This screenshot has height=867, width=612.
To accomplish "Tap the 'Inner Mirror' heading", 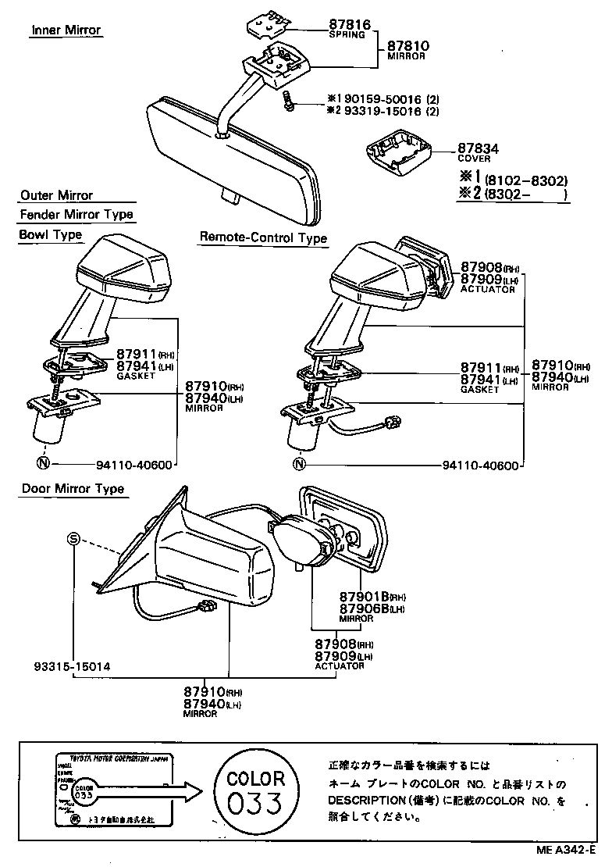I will click(66, 30).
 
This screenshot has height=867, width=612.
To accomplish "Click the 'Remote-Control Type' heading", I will click(263, 237).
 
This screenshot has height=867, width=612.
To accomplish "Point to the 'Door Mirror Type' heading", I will click(73, 489).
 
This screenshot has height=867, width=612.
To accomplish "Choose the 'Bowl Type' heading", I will click(50, 234).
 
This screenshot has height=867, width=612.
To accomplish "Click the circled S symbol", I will click(73, 539).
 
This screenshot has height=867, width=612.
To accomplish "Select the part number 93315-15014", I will click(72, 667).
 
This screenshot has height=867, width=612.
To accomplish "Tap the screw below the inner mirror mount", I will click(289, 100).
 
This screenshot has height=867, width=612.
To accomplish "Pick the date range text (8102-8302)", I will click(525, 179).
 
